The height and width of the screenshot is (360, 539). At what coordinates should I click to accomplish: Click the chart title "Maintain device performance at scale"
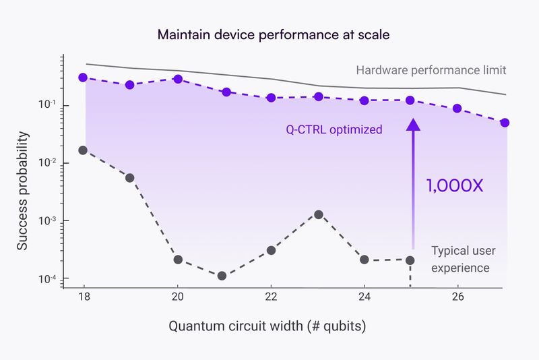point(269,34)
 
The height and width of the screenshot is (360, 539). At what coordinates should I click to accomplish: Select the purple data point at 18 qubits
point(83,78)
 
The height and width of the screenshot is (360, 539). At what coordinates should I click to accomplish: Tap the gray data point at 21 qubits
point(222,276)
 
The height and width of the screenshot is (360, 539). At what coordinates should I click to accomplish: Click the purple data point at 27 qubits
point(505,123)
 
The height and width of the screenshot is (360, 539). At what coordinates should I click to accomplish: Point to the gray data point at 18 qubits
point(83,150)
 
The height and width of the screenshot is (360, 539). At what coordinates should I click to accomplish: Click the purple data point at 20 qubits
point(178,79)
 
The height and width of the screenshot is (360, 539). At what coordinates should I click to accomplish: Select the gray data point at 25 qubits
point(410,260)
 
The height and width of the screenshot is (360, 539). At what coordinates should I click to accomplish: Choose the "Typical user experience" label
point(463,259)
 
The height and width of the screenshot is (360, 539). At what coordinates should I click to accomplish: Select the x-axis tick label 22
point(271,297)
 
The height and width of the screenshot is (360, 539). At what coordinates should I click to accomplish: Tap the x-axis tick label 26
point(457,297)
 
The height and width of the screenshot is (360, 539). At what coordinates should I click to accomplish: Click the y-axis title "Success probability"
point(23,191)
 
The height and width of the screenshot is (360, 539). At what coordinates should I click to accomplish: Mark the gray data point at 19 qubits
point(130,178)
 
